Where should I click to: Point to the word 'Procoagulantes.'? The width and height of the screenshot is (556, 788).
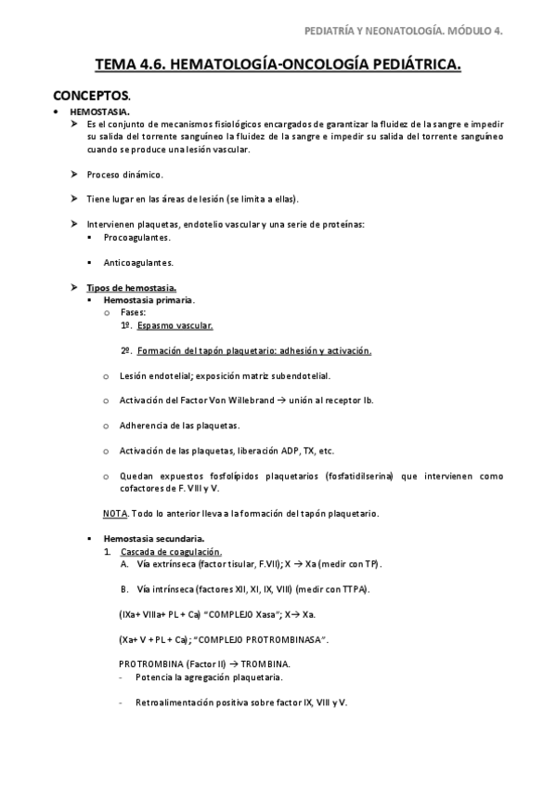(x=138, y=237)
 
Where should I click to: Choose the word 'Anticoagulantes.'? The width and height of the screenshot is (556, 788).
(x=139, y=262)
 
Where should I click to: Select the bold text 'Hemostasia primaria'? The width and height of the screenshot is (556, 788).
(x=149, y=300)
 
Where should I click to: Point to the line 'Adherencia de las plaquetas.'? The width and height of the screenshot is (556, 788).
(x=179, y=426)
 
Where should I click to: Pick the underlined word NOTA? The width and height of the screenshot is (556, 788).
(x=114, y=513)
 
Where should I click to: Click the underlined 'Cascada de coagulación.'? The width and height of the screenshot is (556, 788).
(x=171, y=552)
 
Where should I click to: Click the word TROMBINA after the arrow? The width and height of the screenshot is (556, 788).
(x=268, y=663)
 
